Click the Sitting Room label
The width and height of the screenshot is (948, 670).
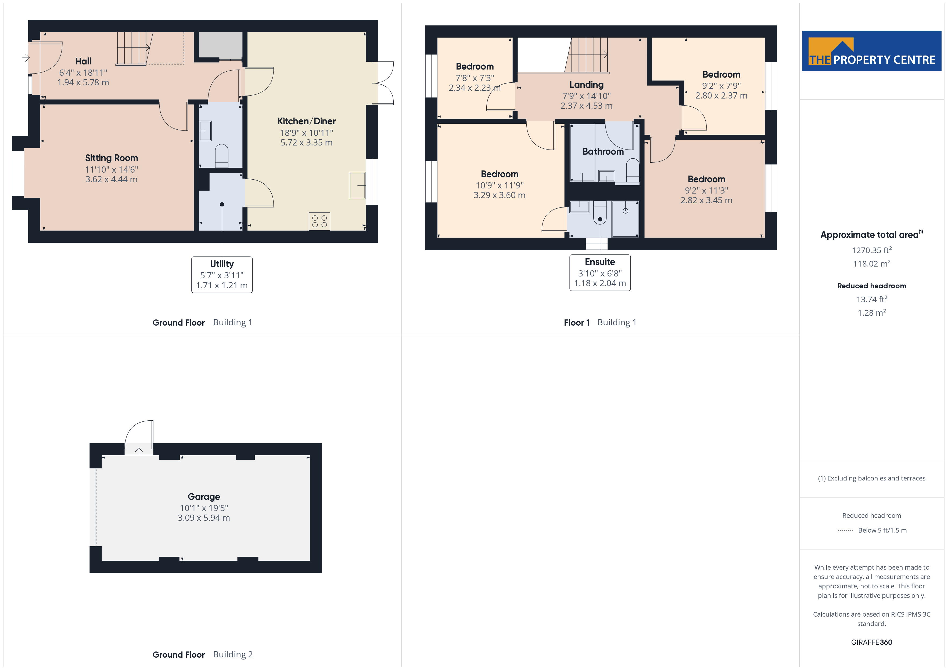[x=112, y=158]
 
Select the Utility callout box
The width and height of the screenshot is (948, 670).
[x=222, y=275]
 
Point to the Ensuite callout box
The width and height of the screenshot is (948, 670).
[x=600, y=273]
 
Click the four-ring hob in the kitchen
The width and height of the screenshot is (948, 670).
[x=319, y=221]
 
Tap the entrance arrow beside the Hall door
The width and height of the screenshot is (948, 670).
[x=26, y=58]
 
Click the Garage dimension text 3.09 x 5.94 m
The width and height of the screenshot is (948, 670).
[x=204, y=518]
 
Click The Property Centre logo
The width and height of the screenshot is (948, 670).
[x=872, y=51]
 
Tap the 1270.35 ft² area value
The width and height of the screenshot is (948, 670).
[x=872, y=250]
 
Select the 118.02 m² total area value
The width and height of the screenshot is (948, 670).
[x=872, y=263]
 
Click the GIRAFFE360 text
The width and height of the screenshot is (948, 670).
[x=872, y=642]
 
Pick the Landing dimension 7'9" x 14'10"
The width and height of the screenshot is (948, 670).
[x=586, y=96]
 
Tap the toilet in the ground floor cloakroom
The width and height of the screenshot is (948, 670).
[x=222, y=156]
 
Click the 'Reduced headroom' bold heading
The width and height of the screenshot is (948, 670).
[x=872, y=286]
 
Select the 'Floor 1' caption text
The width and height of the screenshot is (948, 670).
[x=577, y=323]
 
